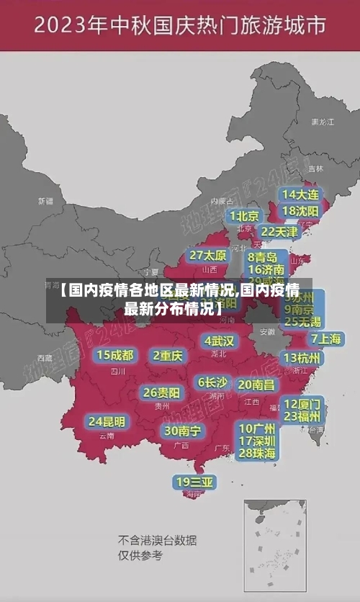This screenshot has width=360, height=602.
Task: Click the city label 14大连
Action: [300, 194]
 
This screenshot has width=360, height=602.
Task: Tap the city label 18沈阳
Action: [300, 211]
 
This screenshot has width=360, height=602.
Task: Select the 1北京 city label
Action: [245, 216]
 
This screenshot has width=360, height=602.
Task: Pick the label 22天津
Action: [279, 232]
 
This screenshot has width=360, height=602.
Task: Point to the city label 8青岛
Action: [263, 256]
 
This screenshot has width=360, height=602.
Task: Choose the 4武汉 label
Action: [220, 341]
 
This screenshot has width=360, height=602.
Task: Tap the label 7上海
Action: [326, 338]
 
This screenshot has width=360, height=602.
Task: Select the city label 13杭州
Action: [303, 358]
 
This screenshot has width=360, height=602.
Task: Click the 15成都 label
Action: [115, 355]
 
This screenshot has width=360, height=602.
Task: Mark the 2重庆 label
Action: [168, 356]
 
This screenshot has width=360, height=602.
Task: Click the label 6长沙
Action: [212, 382]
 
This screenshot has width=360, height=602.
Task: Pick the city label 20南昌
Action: [256, 385]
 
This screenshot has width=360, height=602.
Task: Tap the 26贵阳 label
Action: [162, 393]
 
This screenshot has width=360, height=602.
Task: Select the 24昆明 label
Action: [107, 421]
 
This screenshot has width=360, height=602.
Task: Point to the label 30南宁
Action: [182, 431]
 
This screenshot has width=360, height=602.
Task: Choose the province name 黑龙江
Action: [322, 122]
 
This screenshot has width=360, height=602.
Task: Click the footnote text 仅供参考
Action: [140, 555]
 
